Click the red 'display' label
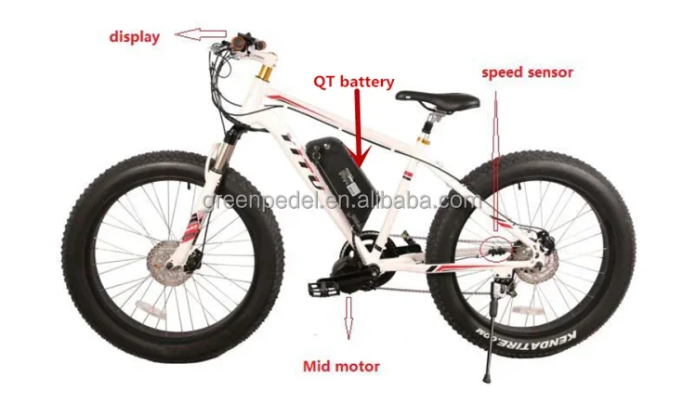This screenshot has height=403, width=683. point(135,36)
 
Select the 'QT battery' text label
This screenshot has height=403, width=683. point(353,82)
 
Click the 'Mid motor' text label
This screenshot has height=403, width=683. point(341,366)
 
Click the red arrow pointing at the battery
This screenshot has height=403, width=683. point(359,129)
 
